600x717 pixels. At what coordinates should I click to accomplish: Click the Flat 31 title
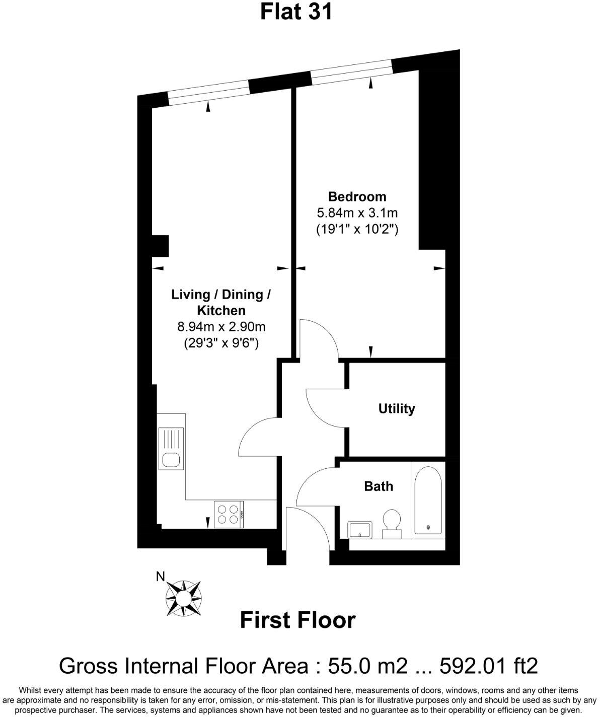(296, 12)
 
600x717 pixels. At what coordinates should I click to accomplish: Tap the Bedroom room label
(357, 196)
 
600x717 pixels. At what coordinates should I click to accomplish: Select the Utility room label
(397, 408)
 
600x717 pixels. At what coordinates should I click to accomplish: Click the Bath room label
(379, 486)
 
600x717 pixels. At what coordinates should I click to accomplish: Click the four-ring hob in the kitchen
(229, 514)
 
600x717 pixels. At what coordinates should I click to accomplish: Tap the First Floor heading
(297, 620)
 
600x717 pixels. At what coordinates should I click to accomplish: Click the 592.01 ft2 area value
(489, 666)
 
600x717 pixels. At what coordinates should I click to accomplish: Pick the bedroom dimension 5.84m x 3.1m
(357, 213)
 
